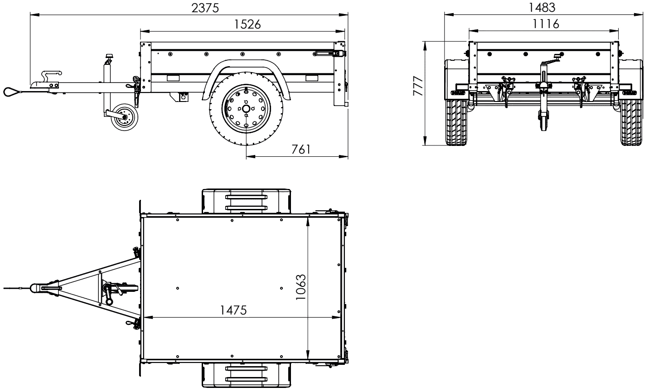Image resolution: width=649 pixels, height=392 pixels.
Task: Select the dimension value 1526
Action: [x=247, y=24]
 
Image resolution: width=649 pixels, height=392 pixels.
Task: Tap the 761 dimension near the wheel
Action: [x=300, y=149]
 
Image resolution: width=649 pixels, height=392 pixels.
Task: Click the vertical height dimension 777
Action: [x=418, y=86]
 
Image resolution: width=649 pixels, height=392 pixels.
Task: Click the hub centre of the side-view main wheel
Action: [x=246, y=109]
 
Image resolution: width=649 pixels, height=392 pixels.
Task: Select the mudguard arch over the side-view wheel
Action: [x=245, y=68]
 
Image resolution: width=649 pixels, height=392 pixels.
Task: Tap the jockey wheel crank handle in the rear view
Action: [x=555, y=58]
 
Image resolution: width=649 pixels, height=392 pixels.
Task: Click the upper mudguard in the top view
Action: [x=246, y=201]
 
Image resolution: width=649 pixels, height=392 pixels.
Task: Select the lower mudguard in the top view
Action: [x=246, y=375]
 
